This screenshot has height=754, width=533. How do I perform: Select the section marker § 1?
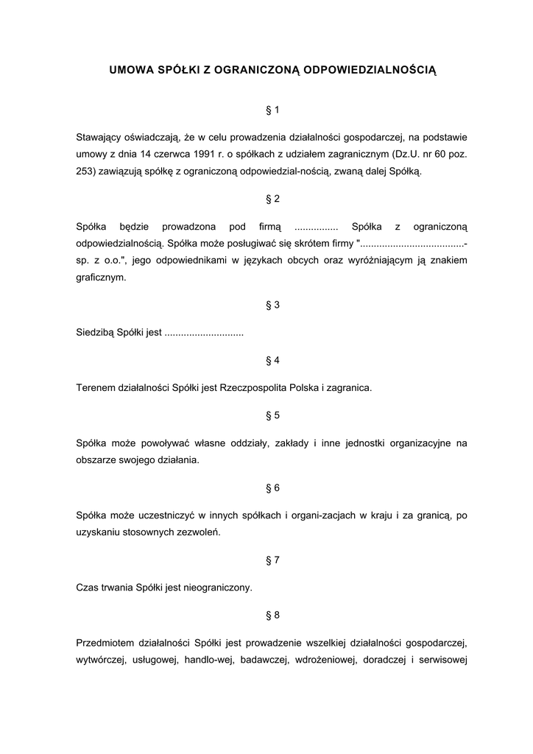(x=272, y=110)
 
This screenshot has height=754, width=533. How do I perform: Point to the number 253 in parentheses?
(x=85, y=172)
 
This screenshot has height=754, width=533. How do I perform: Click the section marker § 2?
(x=272, y=199)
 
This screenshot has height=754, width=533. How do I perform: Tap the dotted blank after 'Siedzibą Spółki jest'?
(x=204, y=333)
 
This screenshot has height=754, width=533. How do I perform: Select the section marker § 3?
(x=272, y=305)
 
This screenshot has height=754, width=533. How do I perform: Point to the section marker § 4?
(x=272, y=360)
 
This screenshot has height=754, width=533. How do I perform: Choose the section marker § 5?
(x=272, y=415)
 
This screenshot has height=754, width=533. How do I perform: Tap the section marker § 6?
(x=272, y=487)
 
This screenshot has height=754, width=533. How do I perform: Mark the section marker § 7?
(x=272, y=560)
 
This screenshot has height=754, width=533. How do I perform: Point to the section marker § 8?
(x=272, y=615)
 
